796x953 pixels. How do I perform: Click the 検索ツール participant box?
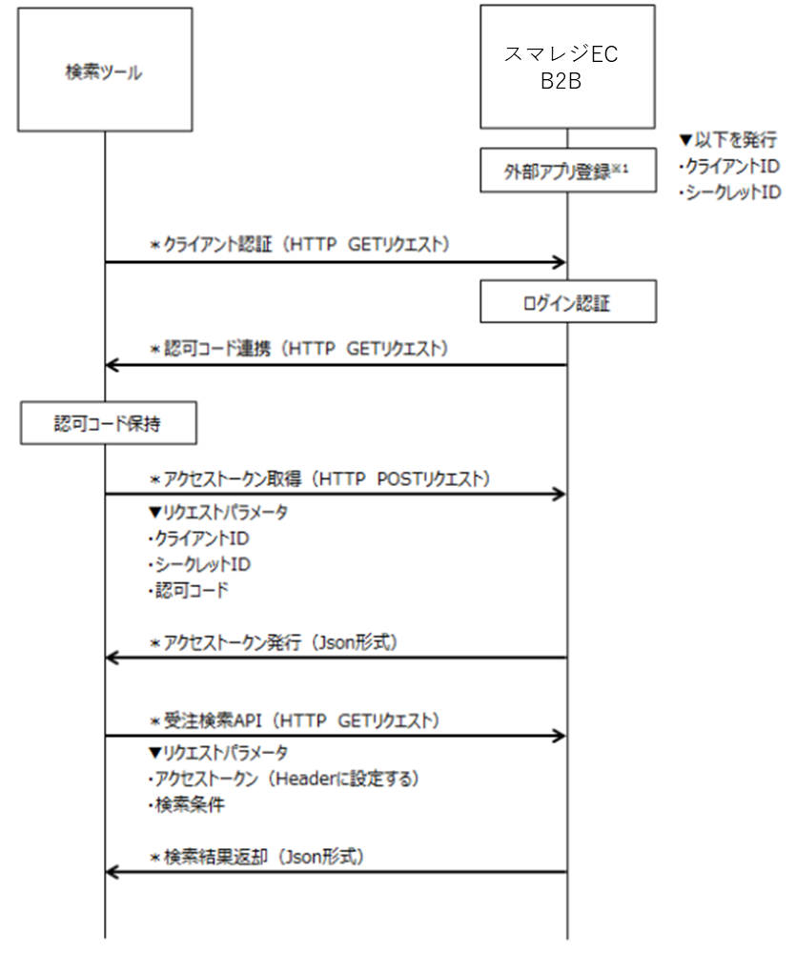[104, 71]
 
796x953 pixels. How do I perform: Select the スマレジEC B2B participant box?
[567, 67]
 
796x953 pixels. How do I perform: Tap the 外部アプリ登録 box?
[567, 171]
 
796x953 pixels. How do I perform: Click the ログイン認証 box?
[567, 302]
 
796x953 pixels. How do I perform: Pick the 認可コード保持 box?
[108, 425]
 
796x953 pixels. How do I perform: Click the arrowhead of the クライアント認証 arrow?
[561, 261]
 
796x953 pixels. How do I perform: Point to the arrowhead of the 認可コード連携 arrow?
[112, 365]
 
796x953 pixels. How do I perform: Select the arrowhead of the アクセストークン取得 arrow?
[561, 495]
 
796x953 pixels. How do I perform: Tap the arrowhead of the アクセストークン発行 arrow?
[112, 658]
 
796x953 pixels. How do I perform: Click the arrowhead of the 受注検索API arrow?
[561, 736]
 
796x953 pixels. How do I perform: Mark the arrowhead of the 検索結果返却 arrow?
[112, 871]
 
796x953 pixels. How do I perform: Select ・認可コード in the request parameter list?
[181, 590]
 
